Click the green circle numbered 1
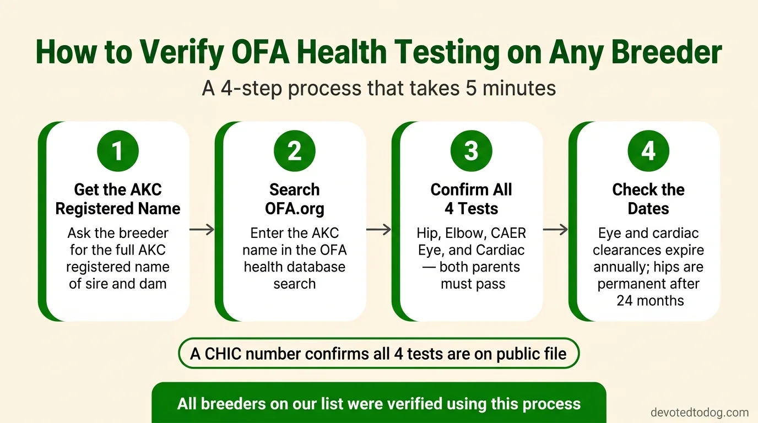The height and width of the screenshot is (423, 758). [117, 151]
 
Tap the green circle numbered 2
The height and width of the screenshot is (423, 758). [294, 151]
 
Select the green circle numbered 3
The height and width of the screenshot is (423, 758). [471, 151]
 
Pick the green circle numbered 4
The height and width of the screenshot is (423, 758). [648, 151]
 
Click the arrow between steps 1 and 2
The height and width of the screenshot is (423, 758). [202, 229]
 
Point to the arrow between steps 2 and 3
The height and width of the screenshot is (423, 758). [378, 229]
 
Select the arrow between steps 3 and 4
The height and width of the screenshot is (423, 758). [555, 229]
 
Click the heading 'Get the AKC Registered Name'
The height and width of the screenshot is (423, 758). [118, 199]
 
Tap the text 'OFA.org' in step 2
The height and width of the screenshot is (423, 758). [294, 209]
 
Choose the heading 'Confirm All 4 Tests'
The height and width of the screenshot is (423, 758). [471, 199]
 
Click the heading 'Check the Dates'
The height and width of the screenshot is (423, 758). [648, 199]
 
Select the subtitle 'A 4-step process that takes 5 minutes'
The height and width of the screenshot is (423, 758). [379, 88]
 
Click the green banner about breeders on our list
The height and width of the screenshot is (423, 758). [379, 404]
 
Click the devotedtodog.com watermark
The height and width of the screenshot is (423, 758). [700, 413]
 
